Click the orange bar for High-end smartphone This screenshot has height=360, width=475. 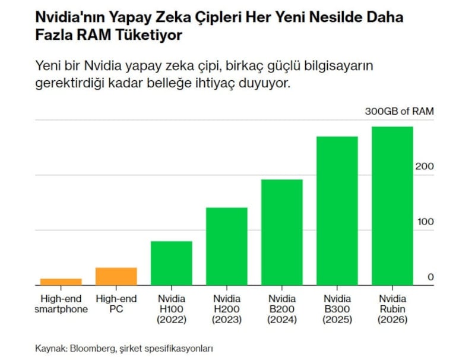coord(61,282)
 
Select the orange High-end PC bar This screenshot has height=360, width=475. coord(116,276)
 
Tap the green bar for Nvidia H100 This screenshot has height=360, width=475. coord(171,263)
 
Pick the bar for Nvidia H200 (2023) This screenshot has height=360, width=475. coord(227,246)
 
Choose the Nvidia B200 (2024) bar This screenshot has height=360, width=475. coord(282,232)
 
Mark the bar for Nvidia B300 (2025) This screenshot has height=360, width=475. coord(337,211)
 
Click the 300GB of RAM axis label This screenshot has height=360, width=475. coord(399,111)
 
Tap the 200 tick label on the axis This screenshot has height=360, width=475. coord(424,166)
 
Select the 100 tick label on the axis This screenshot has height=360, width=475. coord(424,222)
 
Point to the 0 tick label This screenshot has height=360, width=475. coord(430,277)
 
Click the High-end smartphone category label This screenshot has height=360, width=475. coord(61,304)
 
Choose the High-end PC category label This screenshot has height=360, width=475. coord(116,304)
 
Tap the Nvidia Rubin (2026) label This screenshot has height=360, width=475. coord(392,309)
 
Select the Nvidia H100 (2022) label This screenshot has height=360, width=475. coord(171,309)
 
